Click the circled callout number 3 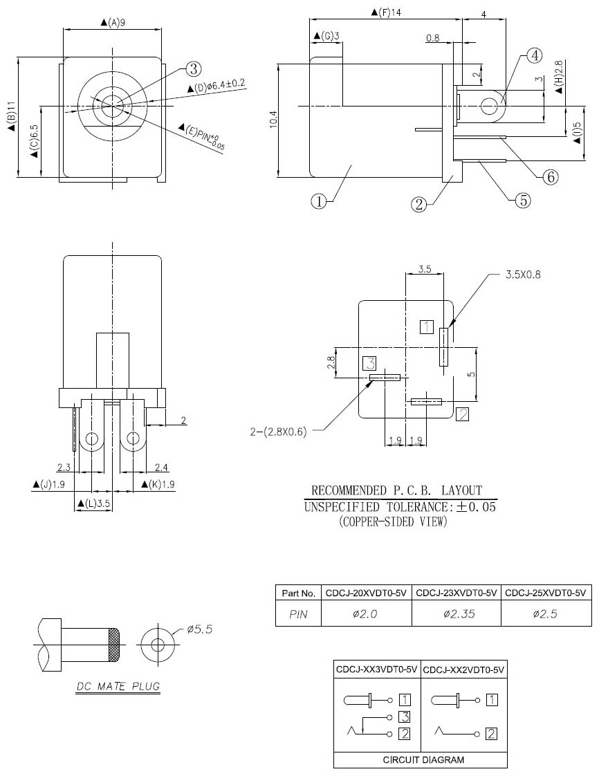193,68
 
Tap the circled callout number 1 319,201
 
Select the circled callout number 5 523,200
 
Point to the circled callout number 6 551,176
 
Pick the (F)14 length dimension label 386,12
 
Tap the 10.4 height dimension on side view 274,120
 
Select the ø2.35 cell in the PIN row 459,613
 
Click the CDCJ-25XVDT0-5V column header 546,593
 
